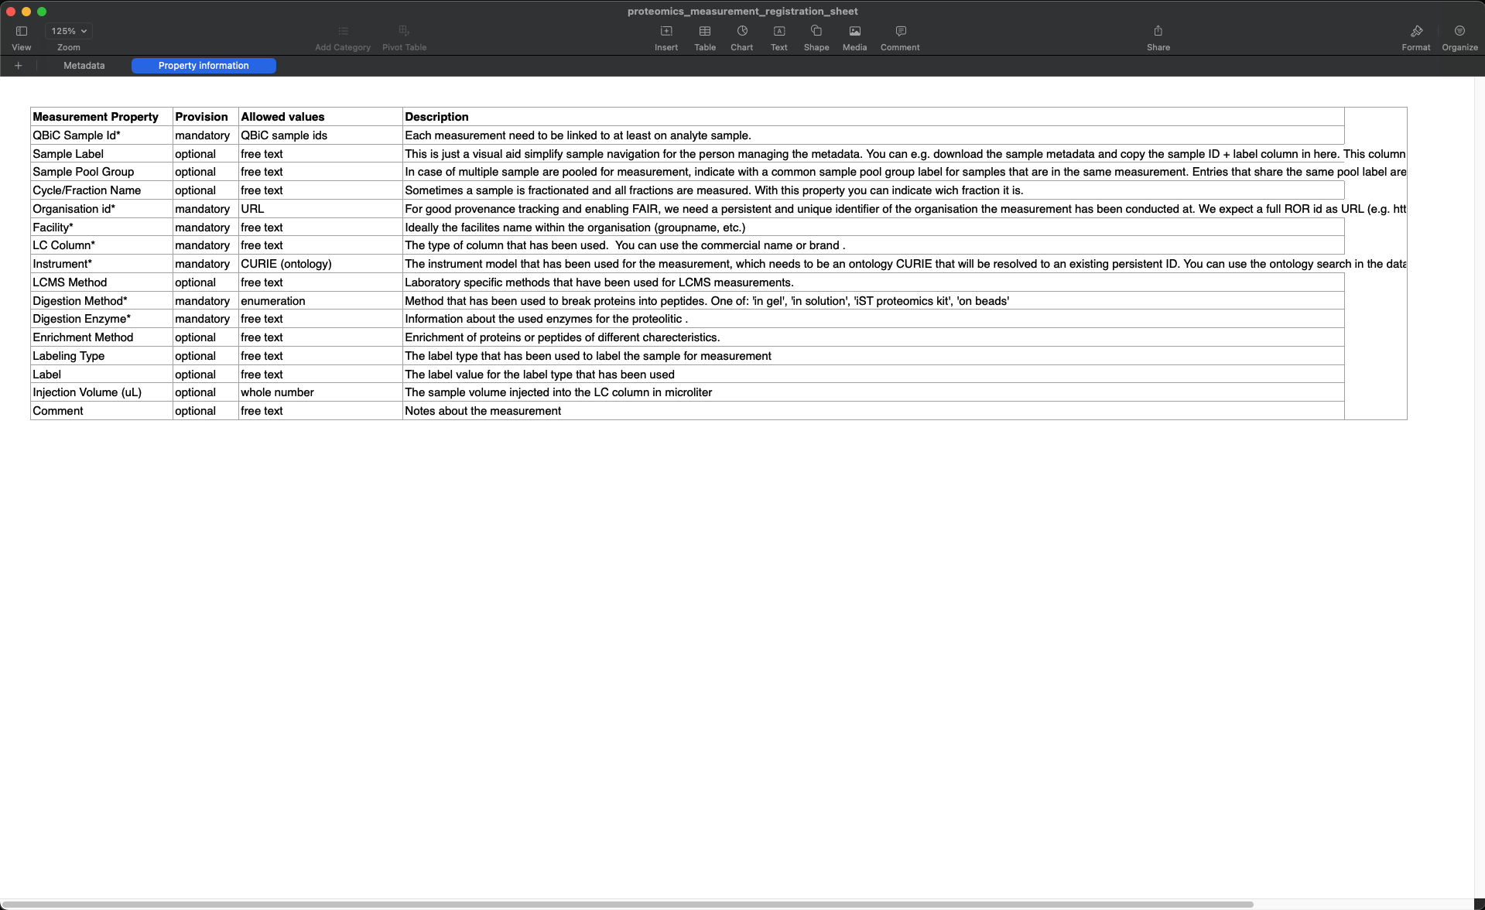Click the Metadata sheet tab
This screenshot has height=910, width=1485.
click(x=84, y=66)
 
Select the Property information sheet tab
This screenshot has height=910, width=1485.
click(x=204, y=66)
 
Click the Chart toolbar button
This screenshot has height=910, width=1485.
click(x=741, y=37)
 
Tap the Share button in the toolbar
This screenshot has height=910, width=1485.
click(x=1158, y=37)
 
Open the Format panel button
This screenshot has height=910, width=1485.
click(x=1415, y=37)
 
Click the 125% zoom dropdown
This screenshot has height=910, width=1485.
click(x=69, y=31)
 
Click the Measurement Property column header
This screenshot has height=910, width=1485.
click(x=95, y=117)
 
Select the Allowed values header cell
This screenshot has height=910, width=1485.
click(x=282, y=117)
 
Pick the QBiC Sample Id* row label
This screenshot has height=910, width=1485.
click(x=77, y=135)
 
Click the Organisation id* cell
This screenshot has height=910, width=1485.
click(x=74, y=209)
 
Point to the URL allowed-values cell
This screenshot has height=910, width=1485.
click(x=252, y=209)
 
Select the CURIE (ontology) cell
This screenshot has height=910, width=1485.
click(x=286, y=264)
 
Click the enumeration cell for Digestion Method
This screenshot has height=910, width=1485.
click(x=272, y=301)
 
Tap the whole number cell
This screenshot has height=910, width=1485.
click(x=277, y=392)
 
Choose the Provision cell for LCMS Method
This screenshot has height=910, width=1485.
click(x=195, y=282)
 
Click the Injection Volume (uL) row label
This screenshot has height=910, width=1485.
click(x=87, y=392)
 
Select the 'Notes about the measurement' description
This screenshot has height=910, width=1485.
click(x=483, y=411)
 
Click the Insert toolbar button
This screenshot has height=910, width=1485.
click(x=666, y=37)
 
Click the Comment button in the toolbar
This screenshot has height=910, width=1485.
click(x=900, y=37)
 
